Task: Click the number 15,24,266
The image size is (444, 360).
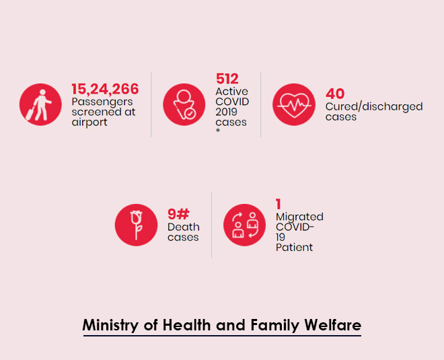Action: point(105,89)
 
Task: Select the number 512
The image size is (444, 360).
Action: point(227,79)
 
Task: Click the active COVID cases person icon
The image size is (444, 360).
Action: point(184,104)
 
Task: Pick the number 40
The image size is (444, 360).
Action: point(335,94)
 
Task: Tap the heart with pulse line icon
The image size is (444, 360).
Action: point(293,104)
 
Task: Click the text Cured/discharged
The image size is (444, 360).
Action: point(373,106)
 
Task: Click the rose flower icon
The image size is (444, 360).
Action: point(136,225)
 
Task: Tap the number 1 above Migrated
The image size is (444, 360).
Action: point(279,204)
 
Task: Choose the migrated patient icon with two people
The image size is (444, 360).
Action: point(244,225)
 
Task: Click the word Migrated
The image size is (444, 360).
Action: point(299,217)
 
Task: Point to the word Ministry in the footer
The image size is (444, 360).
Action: point(112,325)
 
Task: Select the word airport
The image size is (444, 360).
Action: point(89,122)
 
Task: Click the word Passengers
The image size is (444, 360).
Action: point(103,102)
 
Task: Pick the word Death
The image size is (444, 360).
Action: point(182,227)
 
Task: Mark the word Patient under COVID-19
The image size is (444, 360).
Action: point(294,247)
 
